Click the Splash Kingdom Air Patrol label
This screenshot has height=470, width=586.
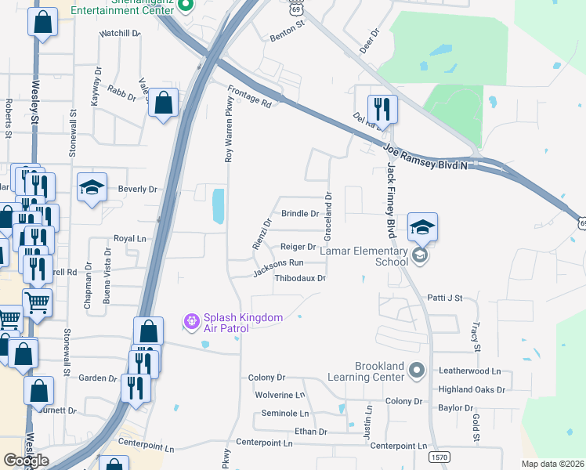(226, 322)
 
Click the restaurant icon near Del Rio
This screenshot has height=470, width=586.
(382, 107)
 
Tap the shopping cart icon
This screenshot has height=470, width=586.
(37, 301)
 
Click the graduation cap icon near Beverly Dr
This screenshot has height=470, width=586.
(92, 188)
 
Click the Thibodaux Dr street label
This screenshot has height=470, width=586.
(300, 278)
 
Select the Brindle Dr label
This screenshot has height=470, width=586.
(300, 213)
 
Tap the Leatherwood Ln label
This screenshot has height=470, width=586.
(469, 371)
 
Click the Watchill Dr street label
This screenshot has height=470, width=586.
(120, 34)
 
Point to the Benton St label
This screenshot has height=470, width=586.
(286, 27)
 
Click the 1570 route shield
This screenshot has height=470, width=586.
(439, 457)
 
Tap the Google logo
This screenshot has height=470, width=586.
(26, 461)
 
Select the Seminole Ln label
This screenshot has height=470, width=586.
(285, 413)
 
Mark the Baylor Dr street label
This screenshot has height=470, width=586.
(456, 408)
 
